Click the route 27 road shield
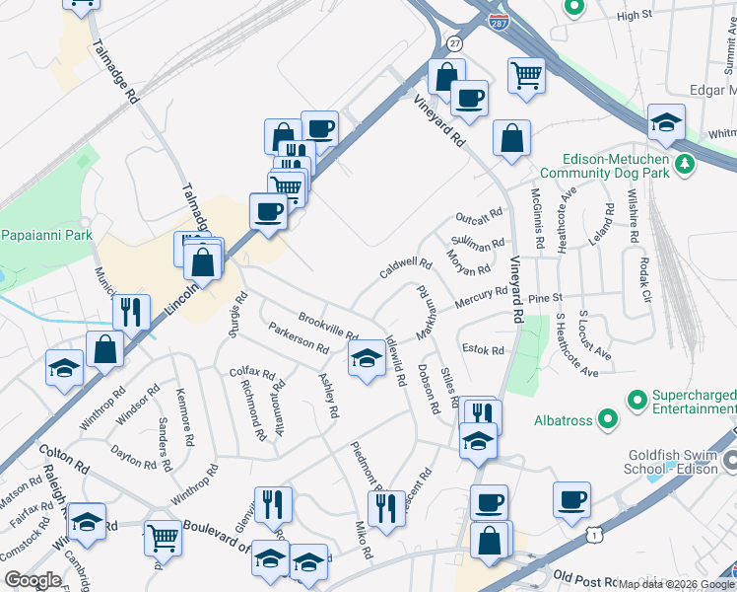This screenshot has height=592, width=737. click(x=453, y=44)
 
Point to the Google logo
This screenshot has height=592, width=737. click(x=33, y=580)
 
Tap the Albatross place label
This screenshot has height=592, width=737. click(x=564, y=420)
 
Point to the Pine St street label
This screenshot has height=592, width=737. click(x=544, y=297)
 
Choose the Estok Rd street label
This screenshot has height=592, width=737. click(x=483, y=350)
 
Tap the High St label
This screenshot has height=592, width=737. click(x=635, y=16)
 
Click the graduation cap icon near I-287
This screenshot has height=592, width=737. click(x=667, y=123)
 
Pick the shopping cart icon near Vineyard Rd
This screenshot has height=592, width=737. click(x=527, y=75)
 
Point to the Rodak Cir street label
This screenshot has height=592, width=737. click(x=645, y=279)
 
